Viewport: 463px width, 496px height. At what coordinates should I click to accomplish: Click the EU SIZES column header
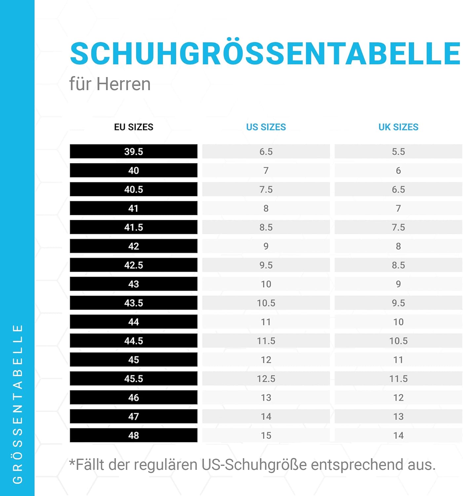click(x=134, y=127)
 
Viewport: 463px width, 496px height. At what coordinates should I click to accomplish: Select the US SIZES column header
click(x=266, y=127)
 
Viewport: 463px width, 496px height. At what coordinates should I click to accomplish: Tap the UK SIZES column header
click(x=398, y=127)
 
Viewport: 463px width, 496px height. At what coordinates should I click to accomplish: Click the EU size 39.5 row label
click(x=134, y=151)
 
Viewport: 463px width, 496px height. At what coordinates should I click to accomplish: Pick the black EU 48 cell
click(x=134, y=435)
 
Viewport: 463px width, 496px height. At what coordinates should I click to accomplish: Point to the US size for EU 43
click(x=266, y=284)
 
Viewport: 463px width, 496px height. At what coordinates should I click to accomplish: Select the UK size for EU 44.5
click(x=398, y=341)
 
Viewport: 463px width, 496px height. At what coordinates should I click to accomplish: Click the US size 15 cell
click(x=266, y=435)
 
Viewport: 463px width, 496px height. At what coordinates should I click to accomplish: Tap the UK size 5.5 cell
click(x=398, y=151)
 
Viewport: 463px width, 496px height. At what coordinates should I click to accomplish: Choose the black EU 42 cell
click(x=134, y=246)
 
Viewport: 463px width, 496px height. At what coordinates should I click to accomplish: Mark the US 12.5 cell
click(x=266, y=379)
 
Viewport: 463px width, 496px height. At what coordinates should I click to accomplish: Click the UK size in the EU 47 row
click(x=398, y=416)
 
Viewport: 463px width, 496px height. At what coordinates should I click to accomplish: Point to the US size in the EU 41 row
click(x=266, y=208)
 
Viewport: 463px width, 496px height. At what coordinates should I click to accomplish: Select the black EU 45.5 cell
click(x=134, y=379)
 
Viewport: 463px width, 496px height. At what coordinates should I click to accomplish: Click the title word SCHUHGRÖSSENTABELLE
click(x=265, y=54)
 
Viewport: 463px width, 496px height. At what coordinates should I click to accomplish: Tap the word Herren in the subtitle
click(x=124, y=84)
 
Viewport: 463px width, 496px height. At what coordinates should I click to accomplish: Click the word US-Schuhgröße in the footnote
click(x=254, y=465)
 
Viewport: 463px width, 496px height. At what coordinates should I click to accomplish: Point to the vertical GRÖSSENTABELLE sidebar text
click(x=18, y=403)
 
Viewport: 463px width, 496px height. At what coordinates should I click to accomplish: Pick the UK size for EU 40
click(x=398, y=171)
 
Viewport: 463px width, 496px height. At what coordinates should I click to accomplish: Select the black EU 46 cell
click(x=134, y=397)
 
